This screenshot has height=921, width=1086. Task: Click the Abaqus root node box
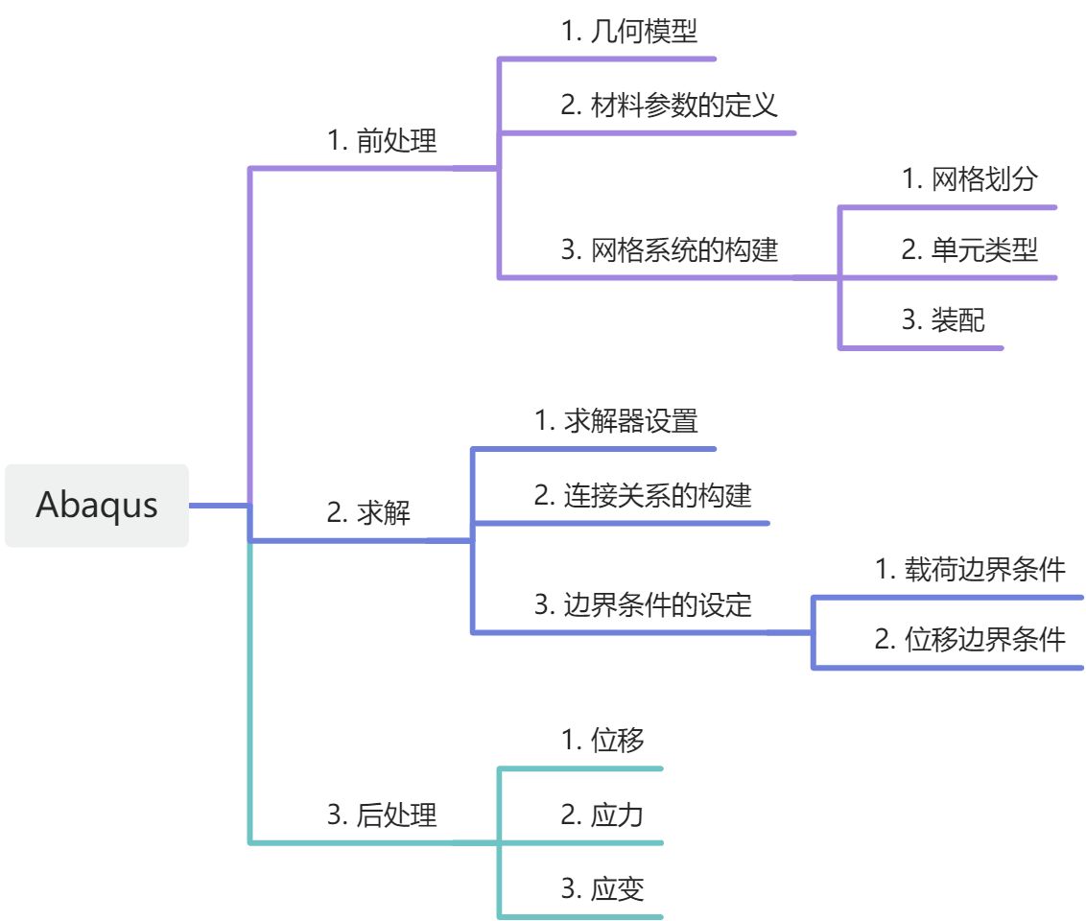click(x=97, y=505)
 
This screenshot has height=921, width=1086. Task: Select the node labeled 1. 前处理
click(x=382, y=142)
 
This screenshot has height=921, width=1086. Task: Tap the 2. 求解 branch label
click(x=368, y=513)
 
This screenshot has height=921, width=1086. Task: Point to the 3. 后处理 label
click(x=382, y=815)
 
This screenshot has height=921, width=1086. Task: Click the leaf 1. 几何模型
click(x=628, y=32)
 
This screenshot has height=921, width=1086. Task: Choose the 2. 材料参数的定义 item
click(x=669, y=105)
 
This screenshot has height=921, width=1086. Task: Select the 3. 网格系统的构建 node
click(x=669, y=250)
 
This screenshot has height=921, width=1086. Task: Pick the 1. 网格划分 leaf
click(x=969, y=178)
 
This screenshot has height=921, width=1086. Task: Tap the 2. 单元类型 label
click(x=969, y=250)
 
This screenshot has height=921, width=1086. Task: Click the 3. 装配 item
click(x=943, y=320)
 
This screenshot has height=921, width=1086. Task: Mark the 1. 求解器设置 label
click(x=616, y=421)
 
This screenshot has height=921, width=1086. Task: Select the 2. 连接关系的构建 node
click(x=642, y=496)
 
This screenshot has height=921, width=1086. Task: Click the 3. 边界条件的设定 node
click(x=642, y=605)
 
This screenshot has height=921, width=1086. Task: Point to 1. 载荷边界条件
click(x=969, y=569)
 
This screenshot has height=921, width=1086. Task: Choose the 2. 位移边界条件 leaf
click(x=969, y=640)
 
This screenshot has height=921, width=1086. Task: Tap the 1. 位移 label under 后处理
click(x=602, y=741)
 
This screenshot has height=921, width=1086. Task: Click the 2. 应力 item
click(x=602, y=815)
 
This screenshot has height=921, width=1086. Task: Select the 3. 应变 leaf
click(x=602, y=889)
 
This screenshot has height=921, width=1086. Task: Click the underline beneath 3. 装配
click(x=921, y=347)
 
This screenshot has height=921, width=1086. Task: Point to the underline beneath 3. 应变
click(x=581, y=917)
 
